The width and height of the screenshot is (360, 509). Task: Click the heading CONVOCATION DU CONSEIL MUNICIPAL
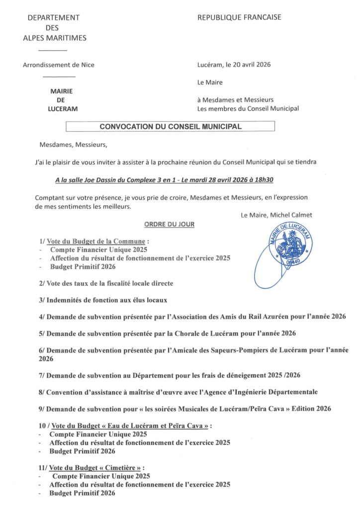point(171,127)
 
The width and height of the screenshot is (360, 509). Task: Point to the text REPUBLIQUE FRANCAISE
point(239,17)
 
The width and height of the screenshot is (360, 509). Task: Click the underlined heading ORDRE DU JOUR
point(169,224)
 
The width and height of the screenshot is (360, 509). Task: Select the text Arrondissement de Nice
point(59,65)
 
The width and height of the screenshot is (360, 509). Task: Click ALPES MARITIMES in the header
point(55,38)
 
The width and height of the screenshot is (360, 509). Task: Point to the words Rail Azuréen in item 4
point(251,317)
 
